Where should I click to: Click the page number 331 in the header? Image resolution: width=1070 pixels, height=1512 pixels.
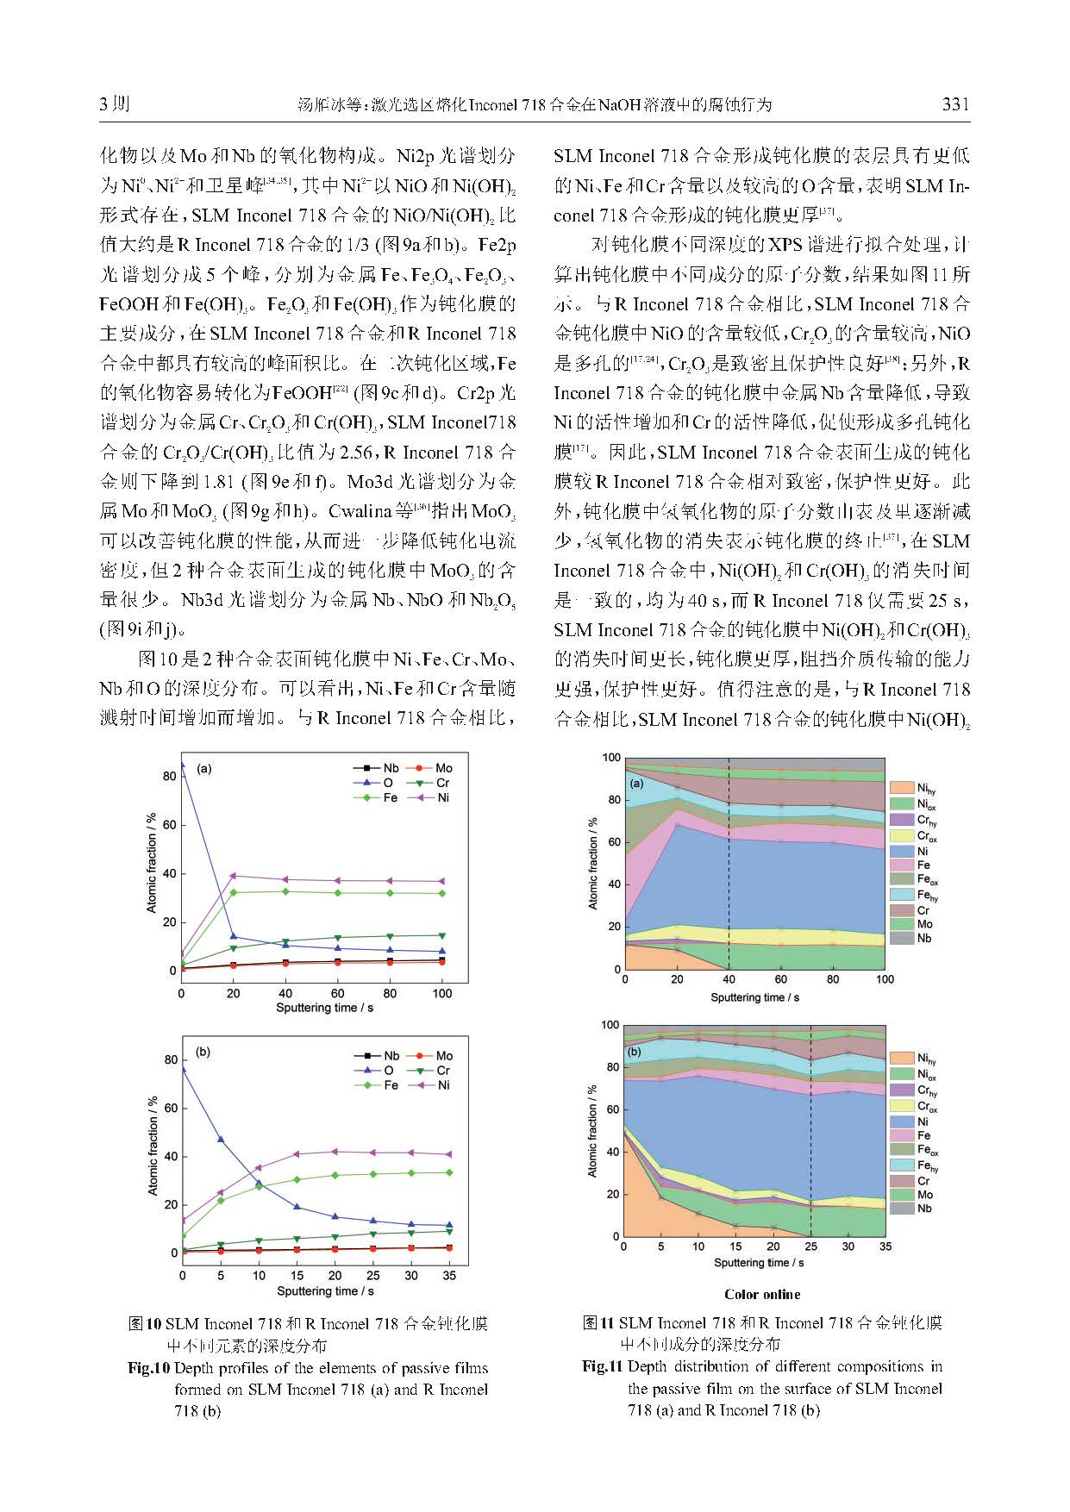(956, 104)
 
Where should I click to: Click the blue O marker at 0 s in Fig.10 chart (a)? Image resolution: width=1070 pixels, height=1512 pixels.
(181, 764)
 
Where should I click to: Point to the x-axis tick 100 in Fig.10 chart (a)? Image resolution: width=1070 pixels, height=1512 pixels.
(442, 993)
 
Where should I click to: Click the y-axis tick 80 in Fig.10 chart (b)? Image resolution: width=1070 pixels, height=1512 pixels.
(171, 1060)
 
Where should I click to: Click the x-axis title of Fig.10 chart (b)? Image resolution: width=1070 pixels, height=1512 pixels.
(325, 1290)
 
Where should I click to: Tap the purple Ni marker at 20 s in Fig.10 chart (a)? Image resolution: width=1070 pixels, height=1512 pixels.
(233, 876)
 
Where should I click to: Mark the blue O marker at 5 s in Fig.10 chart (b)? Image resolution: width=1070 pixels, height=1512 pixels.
(220, 1140)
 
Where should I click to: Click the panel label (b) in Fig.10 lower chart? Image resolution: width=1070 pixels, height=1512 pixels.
(203, 1052)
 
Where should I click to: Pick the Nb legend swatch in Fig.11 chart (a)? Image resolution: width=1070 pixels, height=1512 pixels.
(901, 939)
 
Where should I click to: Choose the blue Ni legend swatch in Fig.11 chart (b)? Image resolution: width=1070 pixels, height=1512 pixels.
(901, 1122)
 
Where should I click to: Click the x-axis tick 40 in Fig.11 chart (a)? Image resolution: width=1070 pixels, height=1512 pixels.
(729, 979)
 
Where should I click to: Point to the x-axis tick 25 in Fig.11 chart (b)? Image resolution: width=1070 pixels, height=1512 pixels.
(810, 1246)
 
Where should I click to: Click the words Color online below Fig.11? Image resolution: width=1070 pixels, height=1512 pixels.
(762, 1294)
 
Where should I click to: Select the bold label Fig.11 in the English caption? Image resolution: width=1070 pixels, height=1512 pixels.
(602, 1366)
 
